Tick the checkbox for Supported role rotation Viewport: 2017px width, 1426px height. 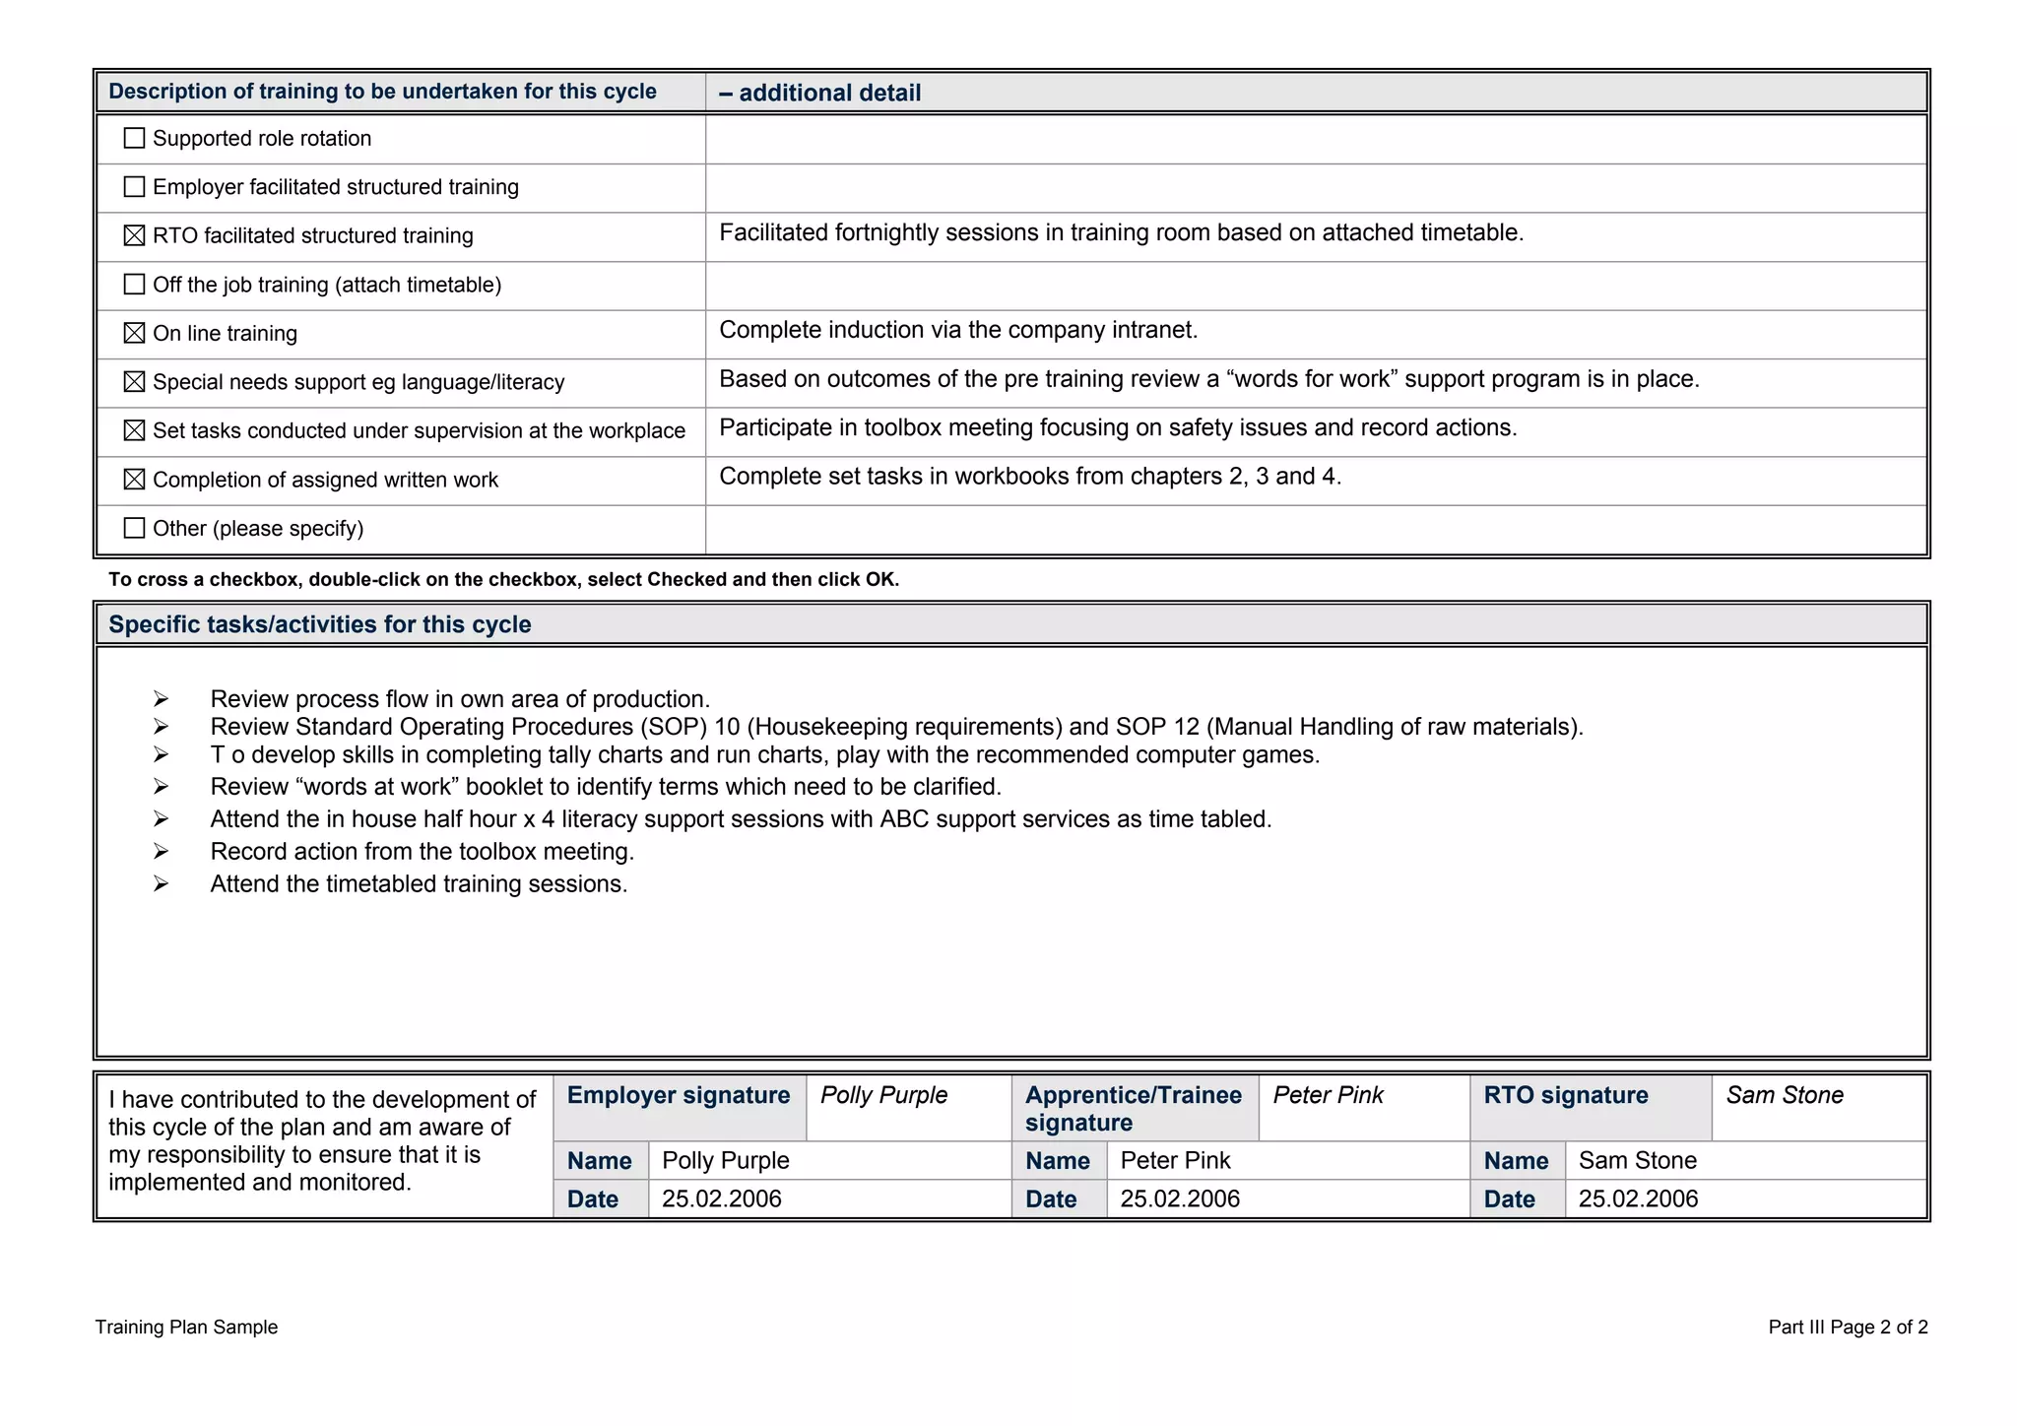pyautogui.click(x=134, y=138)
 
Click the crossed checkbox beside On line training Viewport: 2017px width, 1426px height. pyautogui.click(x=134, y=333)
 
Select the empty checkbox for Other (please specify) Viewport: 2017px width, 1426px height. pyautogui.click(x=134, y=528)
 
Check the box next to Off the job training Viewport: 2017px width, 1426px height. pyautogui.click(x=134, y=285)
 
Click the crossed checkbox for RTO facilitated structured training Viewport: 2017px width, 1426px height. pyautogui.click(x=134, y=235)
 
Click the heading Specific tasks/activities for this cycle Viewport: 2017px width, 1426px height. pyautogui.click(x=319, y=624)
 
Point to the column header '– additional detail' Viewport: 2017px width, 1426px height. pyautogui.click(x=820, y=93)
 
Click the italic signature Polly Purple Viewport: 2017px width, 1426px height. pyautogui.click(x=883, y=1095)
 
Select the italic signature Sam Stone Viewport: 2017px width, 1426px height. pyautogui.click(x=1784, y=1095)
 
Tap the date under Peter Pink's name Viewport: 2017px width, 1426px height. pyautogui.click(x=1179, y=1199)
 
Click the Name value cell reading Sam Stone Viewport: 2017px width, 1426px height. pyautogui.click(x=1637, y=1160)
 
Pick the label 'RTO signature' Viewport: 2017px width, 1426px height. pyautogui.click(x=1565, y=1095)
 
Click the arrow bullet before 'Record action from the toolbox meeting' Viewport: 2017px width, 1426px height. pyautogui.click(x=161, y=852)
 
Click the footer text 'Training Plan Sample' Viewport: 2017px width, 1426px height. pyautogui.click(x=186, y=1327)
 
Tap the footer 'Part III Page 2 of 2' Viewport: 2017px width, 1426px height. pyautogui.click(x=1847, y=1327)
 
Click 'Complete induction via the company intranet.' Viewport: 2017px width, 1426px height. pyautogui.click(x=957, y=330)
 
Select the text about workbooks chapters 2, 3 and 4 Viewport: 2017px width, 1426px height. pyautogui.click(x=1029, y=477)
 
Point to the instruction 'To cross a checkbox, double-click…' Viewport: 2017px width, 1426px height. pyautogui.click(x=502, y=579)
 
